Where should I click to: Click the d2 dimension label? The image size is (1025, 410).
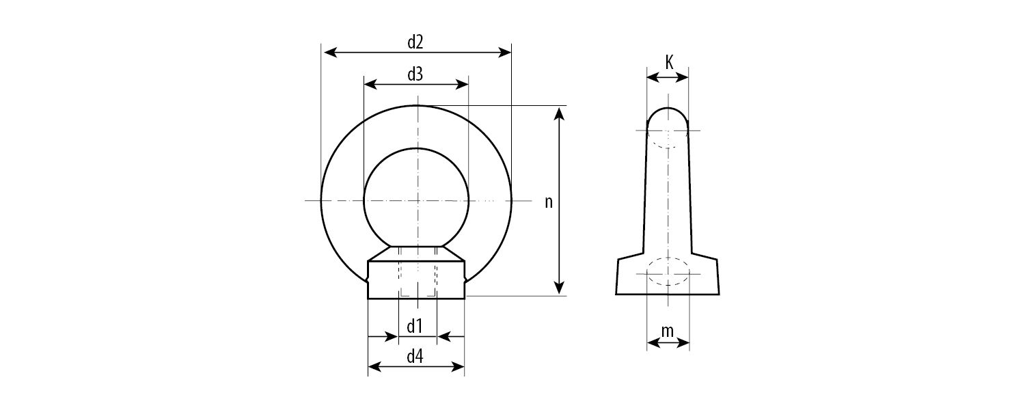click(x=415, y=42)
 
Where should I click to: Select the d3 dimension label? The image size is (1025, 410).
click(x=415, y=74)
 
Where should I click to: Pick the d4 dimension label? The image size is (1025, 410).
click(x=415, y=357)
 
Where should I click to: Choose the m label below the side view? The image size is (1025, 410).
click(x=668, y=331)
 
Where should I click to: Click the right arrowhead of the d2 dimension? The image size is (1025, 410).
click(x=506, y=52)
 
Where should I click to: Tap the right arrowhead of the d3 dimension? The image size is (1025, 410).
click(x=463, y=84)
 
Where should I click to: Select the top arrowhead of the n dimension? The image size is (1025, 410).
click(x=560, y=112)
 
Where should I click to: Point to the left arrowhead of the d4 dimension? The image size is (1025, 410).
click(x=373, y=367)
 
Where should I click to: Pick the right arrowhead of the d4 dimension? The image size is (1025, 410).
click(x=459, y=367)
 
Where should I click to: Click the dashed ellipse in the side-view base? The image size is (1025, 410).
click(x=668, y=272)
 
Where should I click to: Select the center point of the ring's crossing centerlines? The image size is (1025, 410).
click(x=416, y=200)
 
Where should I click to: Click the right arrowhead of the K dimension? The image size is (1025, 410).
click(x=684, y=79)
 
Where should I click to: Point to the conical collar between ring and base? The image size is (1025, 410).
click(x=416, y=252)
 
